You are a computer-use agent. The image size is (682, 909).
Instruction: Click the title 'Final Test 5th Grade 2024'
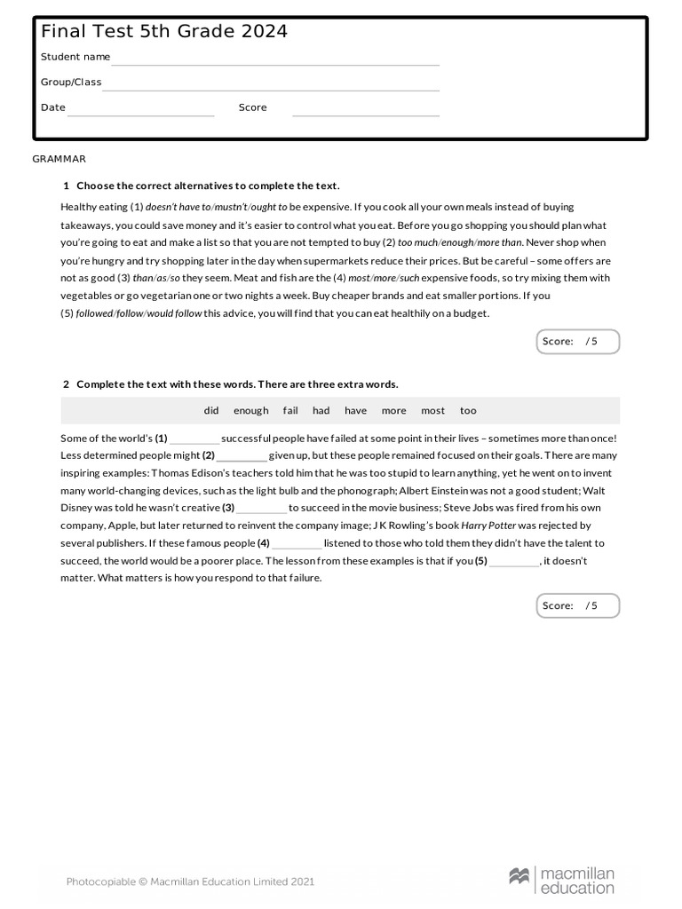164,32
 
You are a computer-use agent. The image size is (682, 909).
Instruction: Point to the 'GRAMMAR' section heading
59,159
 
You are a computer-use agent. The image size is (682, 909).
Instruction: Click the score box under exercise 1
578,342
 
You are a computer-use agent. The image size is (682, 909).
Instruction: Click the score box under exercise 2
578,606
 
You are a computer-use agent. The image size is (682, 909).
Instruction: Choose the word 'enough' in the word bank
250,411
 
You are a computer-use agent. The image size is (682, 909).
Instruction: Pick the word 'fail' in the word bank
290,411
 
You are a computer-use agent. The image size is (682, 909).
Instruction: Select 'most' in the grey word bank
433,411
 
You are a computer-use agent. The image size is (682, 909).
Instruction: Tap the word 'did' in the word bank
211,411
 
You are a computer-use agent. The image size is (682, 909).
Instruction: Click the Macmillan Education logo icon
519,877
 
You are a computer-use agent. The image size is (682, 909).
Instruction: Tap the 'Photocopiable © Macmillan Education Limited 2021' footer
190,881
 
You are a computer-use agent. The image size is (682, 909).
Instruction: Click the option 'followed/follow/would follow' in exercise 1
139,313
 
